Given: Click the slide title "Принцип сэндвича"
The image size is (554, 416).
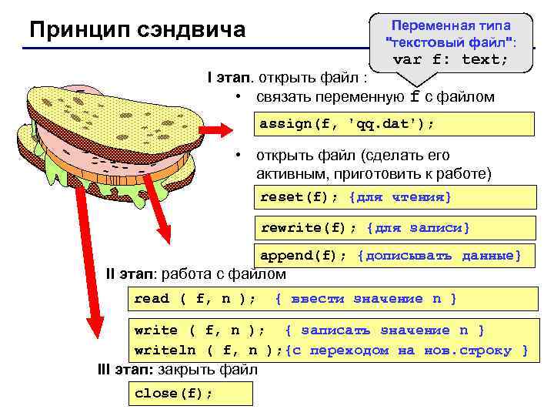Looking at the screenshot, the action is (x=137, y=30).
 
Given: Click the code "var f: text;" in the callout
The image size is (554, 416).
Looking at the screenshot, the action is (x=451, y=59).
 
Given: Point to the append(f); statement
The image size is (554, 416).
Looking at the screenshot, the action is (x=305, y=256).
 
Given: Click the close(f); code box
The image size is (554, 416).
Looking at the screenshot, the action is (x=174, y=393).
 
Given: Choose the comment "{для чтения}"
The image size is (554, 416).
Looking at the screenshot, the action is (x=400, y=198).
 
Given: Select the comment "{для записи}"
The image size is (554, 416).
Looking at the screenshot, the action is (x=419, y=227).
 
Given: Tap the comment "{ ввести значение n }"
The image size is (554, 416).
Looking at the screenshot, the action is (x=365, y=299).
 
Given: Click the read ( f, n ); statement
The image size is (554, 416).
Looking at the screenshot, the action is (x=195, y=299).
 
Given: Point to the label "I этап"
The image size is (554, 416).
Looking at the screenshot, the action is (x=229, y=78).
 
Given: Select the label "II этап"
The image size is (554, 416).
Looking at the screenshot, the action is (x=131, y=273).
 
